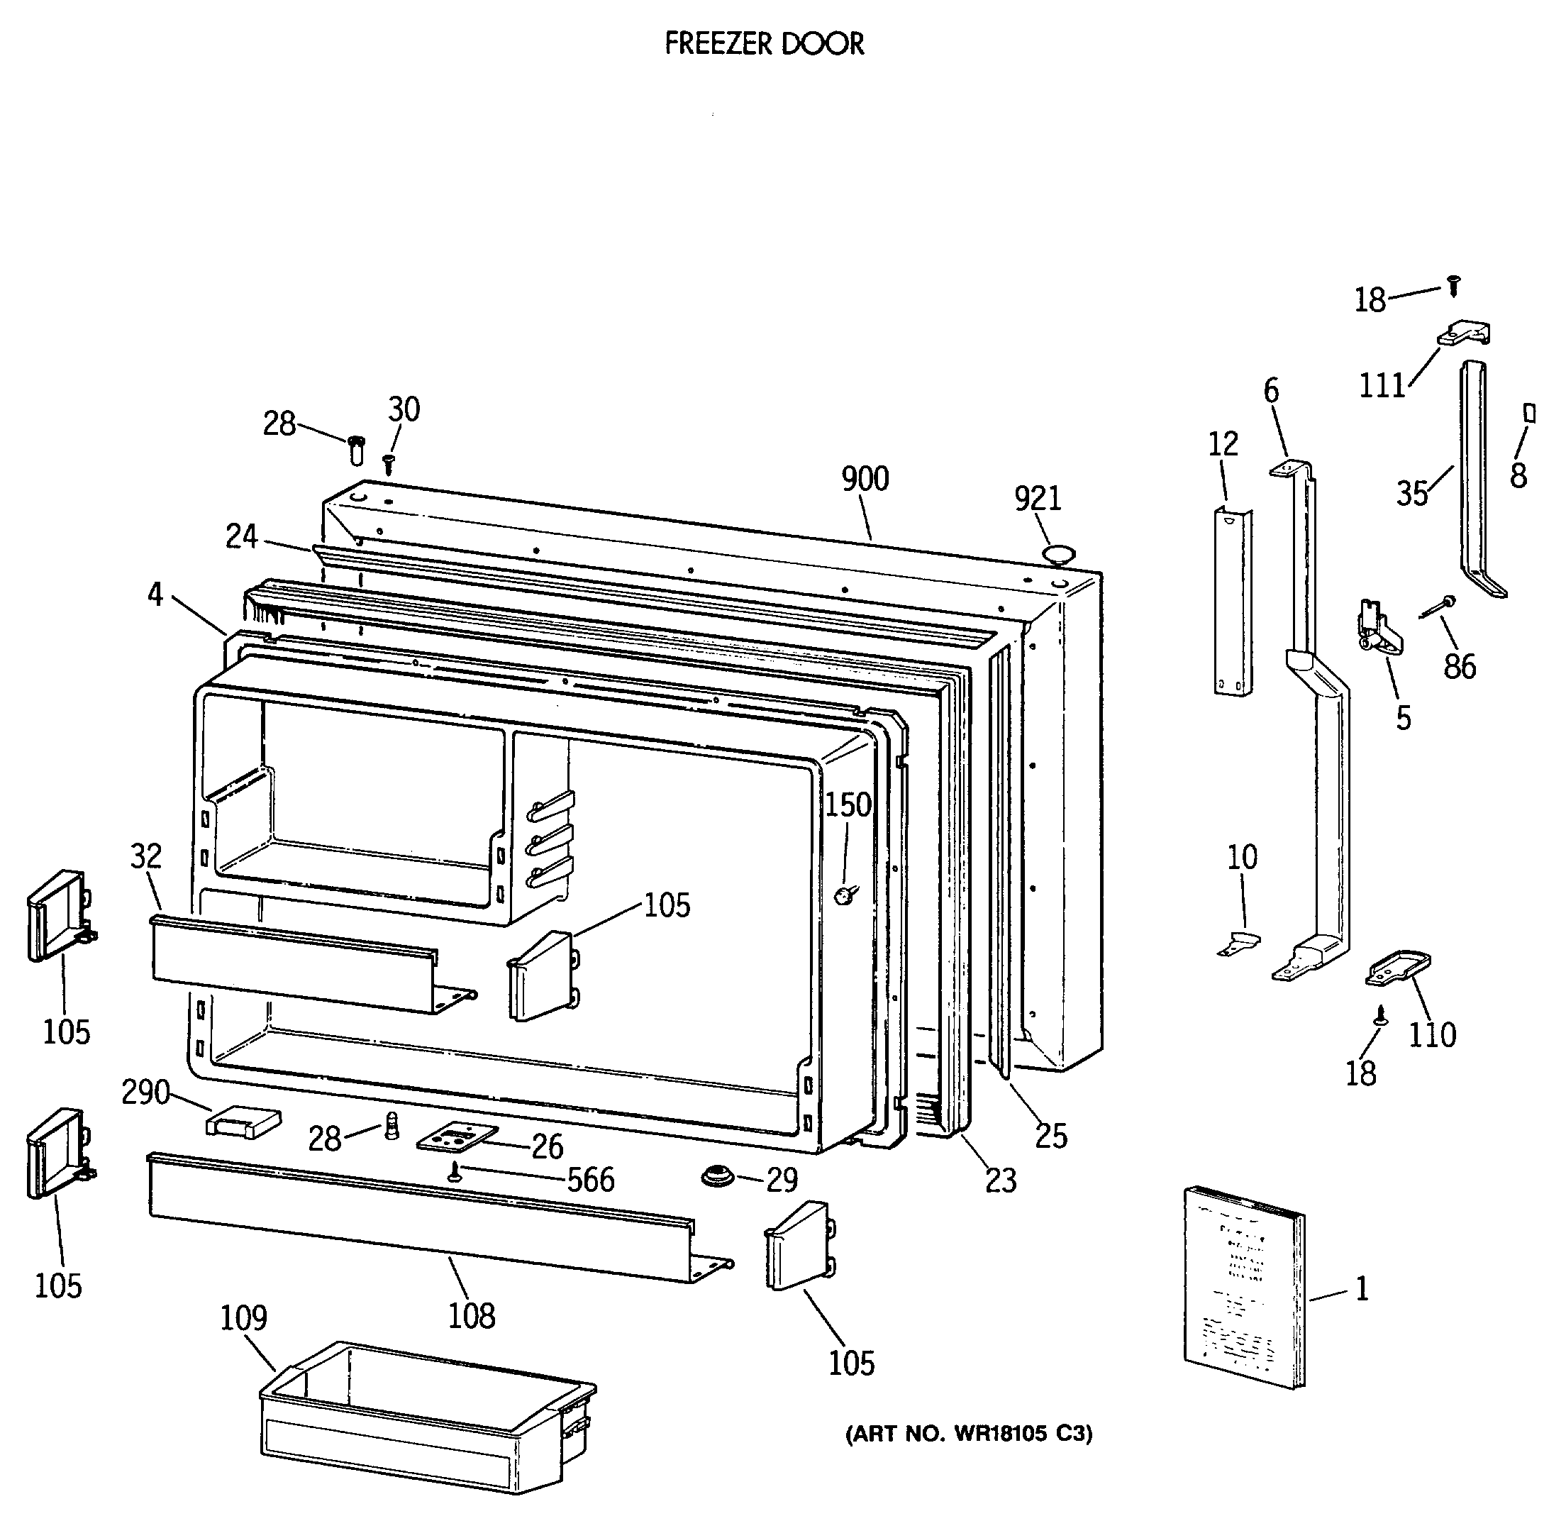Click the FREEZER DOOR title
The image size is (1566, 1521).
click(764, 44)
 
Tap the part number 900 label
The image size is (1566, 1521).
click(865, 479)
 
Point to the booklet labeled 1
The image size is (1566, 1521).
click(1243, 1288)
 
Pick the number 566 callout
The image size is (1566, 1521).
click(591, 1180)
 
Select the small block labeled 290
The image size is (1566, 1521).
click(244, 1122)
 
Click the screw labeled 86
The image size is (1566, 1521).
click(1438, 606)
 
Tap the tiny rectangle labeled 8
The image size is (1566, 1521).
click(1530, 413)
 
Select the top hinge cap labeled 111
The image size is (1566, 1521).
click(1465, 333)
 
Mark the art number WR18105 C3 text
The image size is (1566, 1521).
click(968, 1433)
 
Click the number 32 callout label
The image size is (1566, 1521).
click(145, 856)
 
